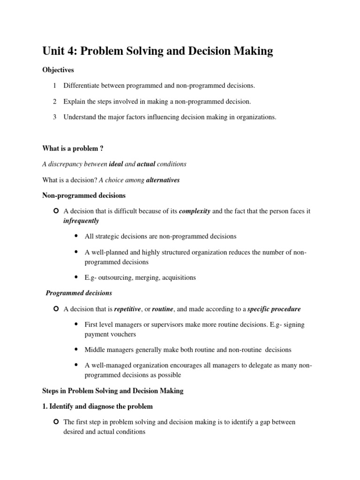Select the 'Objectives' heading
[59, 70]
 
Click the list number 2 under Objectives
[54, 101]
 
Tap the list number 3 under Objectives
[54, 117]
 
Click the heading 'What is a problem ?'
[73, 148]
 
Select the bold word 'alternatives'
[163, 180]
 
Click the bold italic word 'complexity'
[195, 211]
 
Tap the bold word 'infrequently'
[81, 221]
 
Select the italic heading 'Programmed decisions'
[79, 293]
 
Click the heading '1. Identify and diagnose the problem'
[97, 406]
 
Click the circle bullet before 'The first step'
[56, 422]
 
